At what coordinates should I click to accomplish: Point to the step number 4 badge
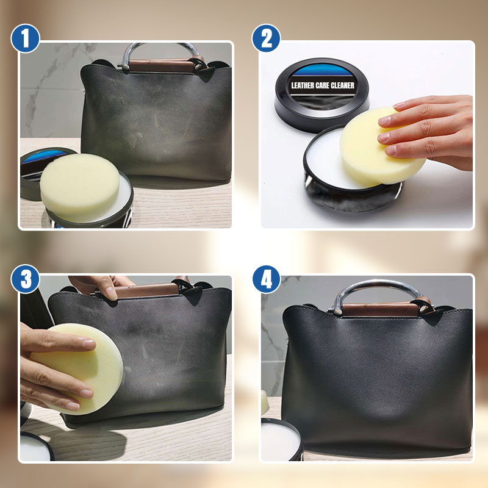pyautogui.click(x=266, y=280)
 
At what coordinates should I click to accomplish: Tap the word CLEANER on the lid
pyautogui.click(x=343, y=86)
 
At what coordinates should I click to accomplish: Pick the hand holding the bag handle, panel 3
pyautogui.click(x=101, y=285)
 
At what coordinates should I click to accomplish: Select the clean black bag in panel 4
pyautogui.click(x=378, y=378)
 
